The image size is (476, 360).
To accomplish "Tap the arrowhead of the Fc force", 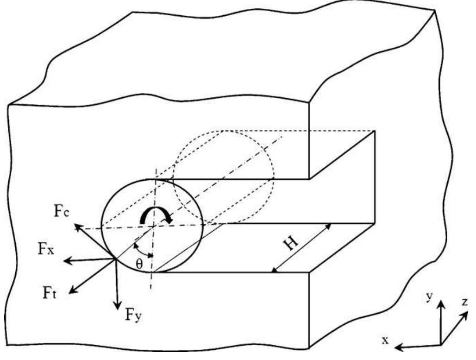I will [x=75, y=225].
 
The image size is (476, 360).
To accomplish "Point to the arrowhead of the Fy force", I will [x=118, y=309].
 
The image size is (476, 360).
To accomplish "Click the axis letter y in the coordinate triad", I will [x=430, y=297].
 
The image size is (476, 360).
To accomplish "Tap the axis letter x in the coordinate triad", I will [x=385, y=341].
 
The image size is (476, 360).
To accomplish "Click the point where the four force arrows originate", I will [x=115, y=259].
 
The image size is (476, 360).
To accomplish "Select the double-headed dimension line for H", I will [x=302, y=247].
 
